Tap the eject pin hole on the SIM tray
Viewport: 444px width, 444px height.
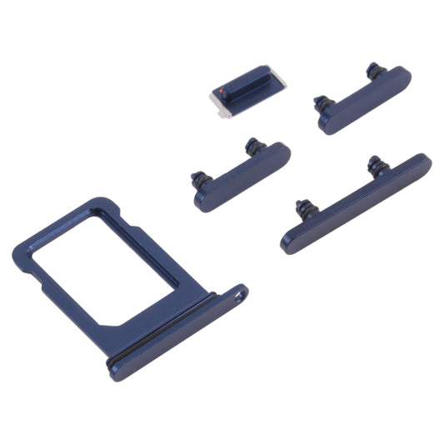(x=241, y=293)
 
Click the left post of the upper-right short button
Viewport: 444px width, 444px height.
(x=319, y=103)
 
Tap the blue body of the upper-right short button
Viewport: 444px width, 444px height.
(x=367, y=101)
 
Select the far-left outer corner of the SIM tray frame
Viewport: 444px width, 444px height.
(x=18, y=250)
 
